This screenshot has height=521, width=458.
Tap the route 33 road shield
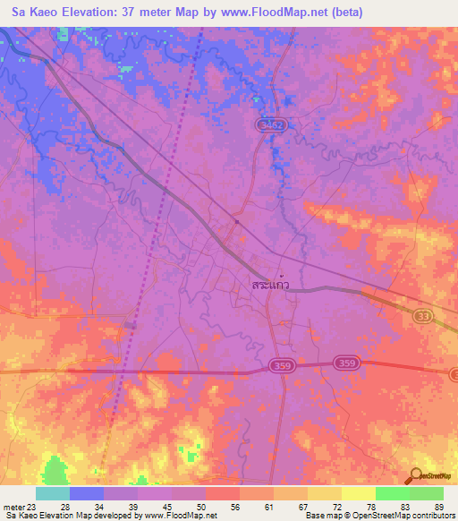423,316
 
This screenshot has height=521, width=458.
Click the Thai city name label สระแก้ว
270,285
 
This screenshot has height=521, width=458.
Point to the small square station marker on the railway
236,221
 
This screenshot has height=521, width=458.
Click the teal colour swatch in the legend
53,493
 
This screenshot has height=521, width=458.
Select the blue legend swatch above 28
87,493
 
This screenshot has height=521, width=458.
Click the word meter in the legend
14,508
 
